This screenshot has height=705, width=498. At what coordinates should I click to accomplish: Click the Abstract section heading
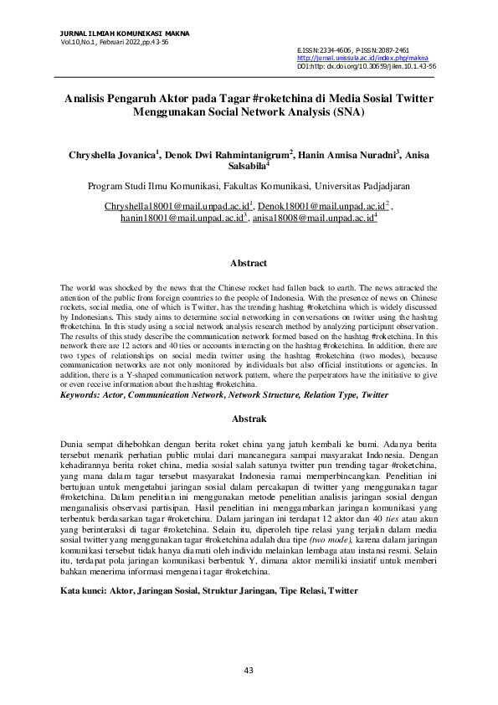click(249, 264)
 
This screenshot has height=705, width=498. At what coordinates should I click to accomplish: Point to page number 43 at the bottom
click(249, 670)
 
